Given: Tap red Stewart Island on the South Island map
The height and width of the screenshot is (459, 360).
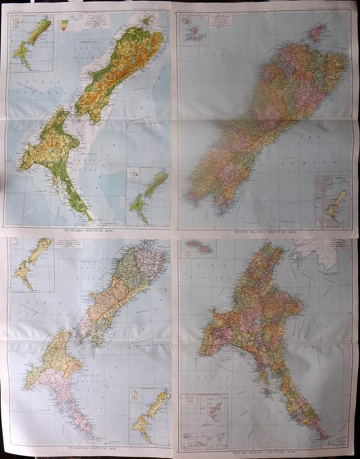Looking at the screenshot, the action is pyautogui.click(x=318, y=33).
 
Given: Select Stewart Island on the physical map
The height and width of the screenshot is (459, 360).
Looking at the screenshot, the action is pyautogui.click(x=147, y=20).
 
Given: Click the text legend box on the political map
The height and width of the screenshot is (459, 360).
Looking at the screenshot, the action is pyautogui.click(x=68, y=242).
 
